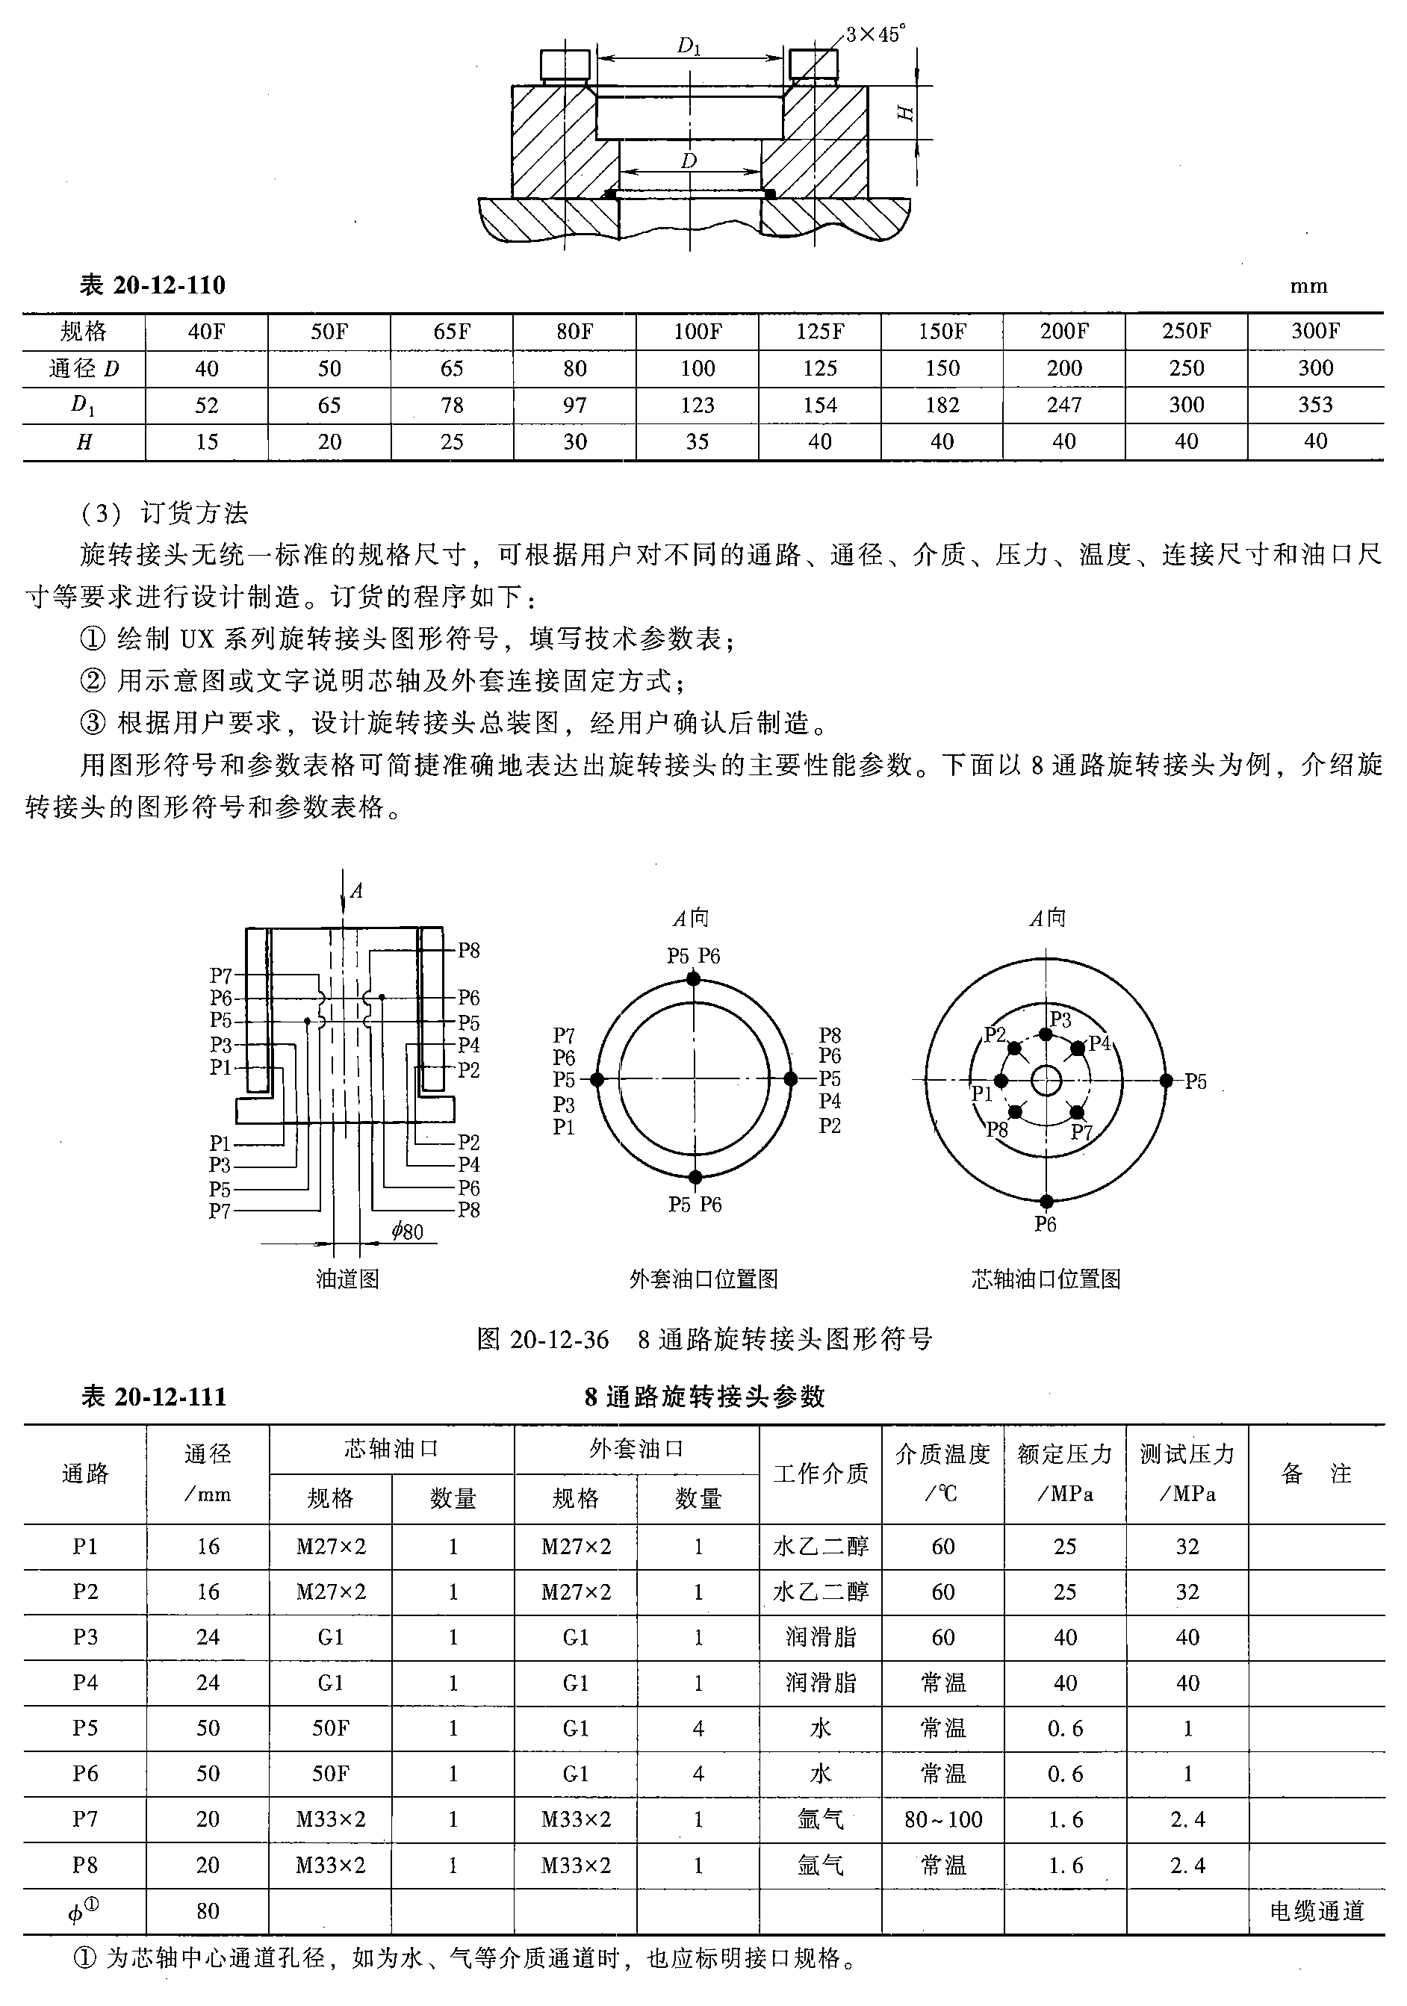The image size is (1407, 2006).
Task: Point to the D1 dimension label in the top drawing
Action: [689, 46]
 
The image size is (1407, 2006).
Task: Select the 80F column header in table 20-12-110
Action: [574, 331]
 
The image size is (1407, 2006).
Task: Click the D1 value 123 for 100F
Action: [698, 406]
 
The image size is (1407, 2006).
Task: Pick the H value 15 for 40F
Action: [207, 442]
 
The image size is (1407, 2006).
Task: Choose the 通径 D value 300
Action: [1315, 369]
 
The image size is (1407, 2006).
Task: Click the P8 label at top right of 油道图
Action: [469, 951]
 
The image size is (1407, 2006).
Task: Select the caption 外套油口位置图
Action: [703, 1279]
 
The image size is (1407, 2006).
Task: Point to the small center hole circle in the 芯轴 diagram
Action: [1046, 1081]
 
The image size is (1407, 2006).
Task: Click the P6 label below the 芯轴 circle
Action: [1046, 1223]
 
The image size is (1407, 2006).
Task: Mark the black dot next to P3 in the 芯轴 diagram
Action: [1046, 1034]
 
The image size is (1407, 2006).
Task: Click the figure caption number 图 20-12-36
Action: [543, 1339]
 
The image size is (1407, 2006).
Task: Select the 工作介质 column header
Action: [821, 1474]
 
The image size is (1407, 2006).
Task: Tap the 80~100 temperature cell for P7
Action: [943, 1819]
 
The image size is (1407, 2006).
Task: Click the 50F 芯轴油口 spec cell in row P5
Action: [330, 1728]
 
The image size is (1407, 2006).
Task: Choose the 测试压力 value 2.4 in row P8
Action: [1187, 1866]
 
